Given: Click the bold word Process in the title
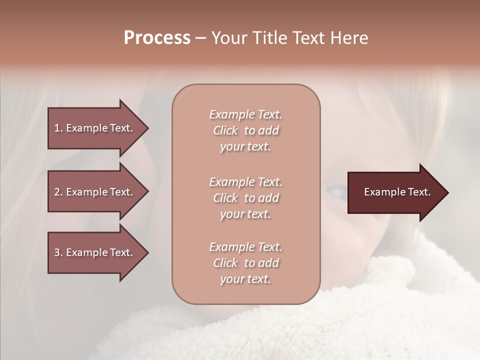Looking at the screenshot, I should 157,38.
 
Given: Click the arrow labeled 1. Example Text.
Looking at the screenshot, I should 95,128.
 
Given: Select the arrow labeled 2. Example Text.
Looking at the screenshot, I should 95,192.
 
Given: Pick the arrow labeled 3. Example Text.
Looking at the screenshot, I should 95,252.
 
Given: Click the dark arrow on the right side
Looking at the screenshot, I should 395,192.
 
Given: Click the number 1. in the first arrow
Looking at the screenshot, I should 58,128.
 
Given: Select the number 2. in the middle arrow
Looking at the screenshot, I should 58,192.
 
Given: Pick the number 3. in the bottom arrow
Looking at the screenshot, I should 58,252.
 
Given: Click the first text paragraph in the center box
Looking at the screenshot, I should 245,130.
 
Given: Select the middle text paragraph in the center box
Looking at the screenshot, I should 245,198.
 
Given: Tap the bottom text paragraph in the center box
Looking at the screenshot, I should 245,263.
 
